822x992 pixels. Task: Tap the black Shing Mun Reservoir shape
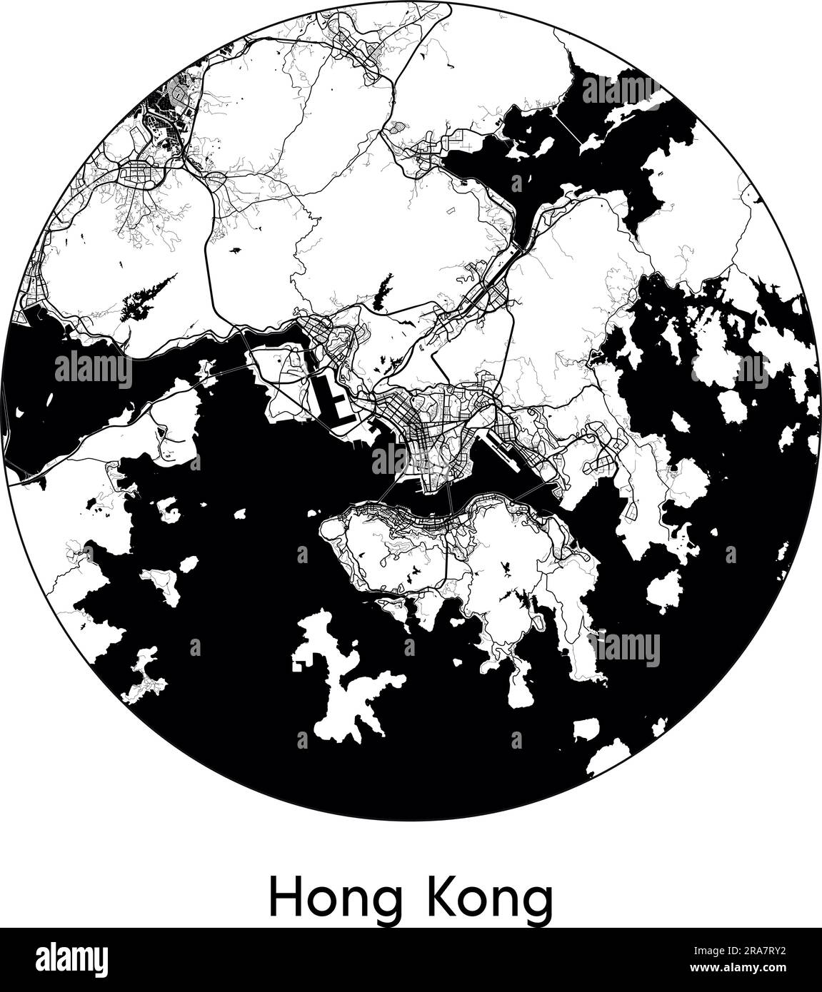tap(385, 289)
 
